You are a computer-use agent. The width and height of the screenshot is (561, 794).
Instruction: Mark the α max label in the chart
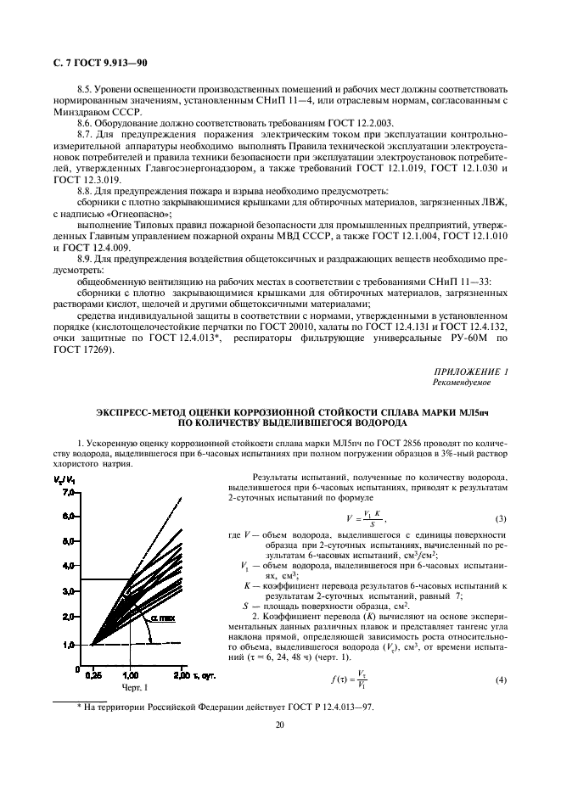click(x=164, y=619)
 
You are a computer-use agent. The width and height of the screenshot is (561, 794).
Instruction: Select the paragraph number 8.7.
click(x=87, y=133)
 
